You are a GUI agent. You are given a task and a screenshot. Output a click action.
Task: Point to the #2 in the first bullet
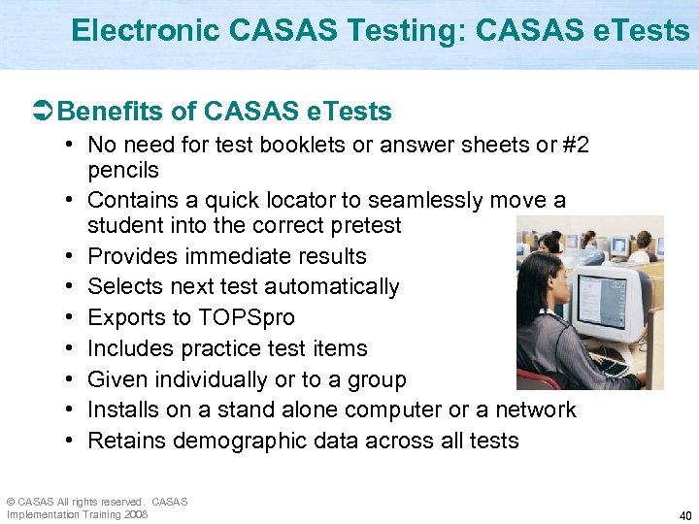575,146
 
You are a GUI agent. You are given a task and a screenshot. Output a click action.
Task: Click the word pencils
122,170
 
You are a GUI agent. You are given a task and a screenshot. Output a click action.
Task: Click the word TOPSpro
247,318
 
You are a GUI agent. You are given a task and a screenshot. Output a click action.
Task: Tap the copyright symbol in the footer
10,502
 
